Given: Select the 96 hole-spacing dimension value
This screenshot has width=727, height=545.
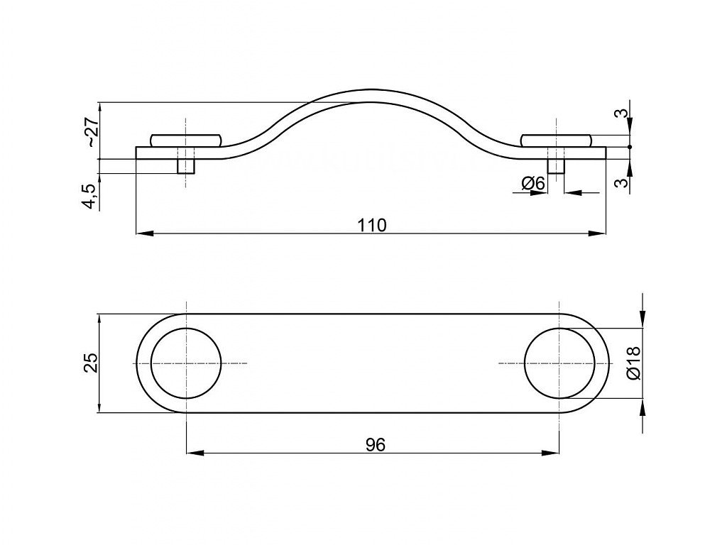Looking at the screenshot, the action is coord(375,445).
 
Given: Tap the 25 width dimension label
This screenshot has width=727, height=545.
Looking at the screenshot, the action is coord(89,363).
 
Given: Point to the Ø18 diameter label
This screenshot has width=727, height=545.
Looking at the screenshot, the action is coord(634,363).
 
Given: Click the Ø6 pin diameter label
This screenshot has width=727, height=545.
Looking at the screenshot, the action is coord(532,183).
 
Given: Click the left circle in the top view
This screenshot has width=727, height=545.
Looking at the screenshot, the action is coord(186,363).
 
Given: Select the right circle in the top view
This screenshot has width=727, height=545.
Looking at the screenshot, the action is coord(559,363).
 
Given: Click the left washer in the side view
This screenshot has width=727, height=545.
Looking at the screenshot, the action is coord(186,139).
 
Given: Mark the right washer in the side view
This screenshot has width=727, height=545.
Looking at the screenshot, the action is coord(555,139).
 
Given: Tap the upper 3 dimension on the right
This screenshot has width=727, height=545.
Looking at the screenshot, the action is coord(621,113).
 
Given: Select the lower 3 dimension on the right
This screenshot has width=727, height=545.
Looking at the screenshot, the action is coord(621,182).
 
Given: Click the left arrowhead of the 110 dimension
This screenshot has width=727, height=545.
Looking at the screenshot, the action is coord(141,233).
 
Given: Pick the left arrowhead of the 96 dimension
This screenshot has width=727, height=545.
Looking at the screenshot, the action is coord(192,453).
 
